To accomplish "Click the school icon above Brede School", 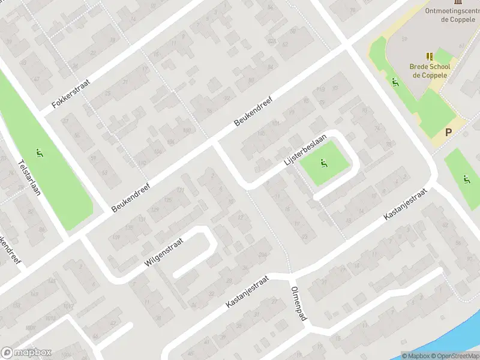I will (x=430, y=56).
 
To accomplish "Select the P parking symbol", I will (x=448, y=133).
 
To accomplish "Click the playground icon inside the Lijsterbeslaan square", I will (x=323, y=162).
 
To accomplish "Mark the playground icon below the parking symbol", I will (x=466, y=179).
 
